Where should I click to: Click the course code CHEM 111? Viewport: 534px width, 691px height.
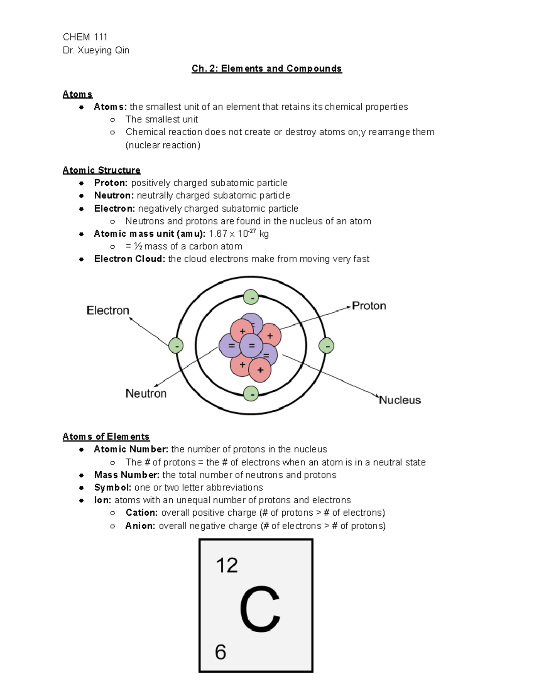[x=85, y=37]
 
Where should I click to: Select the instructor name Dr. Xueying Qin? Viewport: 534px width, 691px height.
[x=96, y=50]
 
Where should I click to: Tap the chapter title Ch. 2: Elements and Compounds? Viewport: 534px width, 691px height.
[x=267, y=69]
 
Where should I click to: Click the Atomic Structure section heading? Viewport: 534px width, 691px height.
[x=101, y=170]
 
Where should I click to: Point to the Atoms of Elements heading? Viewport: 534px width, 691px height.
[x=106, y=436]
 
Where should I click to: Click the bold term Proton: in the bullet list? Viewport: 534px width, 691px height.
[x=111, y=183]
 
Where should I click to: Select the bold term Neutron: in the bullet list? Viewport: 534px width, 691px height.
[x=113, y=195]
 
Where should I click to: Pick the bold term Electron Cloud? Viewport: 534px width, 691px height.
[x=129, y=259]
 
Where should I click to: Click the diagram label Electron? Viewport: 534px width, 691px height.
[x=108, y=310]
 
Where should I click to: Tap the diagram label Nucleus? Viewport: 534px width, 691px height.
[x=400, y=400]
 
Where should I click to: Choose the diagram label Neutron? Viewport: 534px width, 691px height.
[x=146, y=393]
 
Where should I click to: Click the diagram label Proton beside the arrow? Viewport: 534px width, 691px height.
[x=369, y=306]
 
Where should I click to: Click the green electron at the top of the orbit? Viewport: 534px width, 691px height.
[x=251, y=297]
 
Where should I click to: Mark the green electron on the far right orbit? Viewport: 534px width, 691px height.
[x=327, y=346]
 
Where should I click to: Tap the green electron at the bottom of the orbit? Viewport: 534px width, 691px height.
[x=251, y=394]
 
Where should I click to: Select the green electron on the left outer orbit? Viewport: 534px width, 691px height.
[x=176, y=346]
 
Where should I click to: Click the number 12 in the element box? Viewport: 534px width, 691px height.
[x=227, y=566]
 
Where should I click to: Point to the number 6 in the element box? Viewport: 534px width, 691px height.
[x=221, y=652]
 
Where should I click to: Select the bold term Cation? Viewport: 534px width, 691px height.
[x=142, y=513]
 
